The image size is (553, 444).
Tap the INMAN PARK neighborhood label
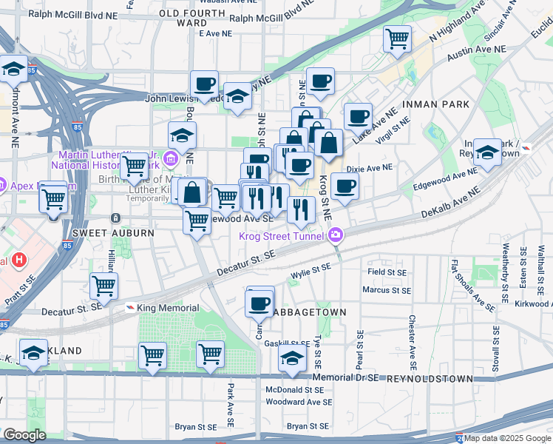click(x=436, y=104)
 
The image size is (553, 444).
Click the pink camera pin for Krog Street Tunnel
click(x=336, y=235)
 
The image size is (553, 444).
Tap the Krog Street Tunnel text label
click(x=283, y=236)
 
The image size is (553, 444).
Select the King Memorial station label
click(x=168, y=308)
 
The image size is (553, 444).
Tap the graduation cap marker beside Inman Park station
click(x=486, y=152)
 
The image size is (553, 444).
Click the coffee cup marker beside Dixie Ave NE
click(x=345, y=186)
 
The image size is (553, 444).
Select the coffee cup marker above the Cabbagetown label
click(x=259, y=303)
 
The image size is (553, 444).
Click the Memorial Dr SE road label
click(x=345, y=377)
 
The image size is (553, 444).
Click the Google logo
click(x=24, y=435)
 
